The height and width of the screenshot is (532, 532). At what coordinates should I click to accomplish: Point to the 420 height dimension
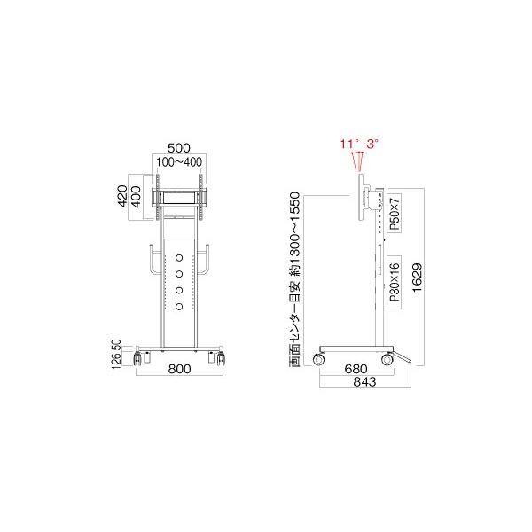coord(123,195)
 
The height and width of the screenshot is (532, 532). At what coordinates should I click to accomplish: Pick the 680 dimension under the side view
coord(357,369)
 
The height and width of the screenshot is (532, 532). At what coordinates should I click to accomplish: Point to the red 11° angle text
coord(348,143)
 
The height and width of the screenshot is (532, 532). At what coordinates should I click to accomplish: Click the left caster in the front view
coord(139,358)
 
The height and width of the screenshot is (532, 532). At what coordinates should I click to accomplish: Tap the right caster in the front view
coord(218,358)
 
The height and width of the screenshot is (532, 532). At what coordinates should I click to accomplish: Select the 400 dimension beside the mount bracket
coord(137,195)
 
